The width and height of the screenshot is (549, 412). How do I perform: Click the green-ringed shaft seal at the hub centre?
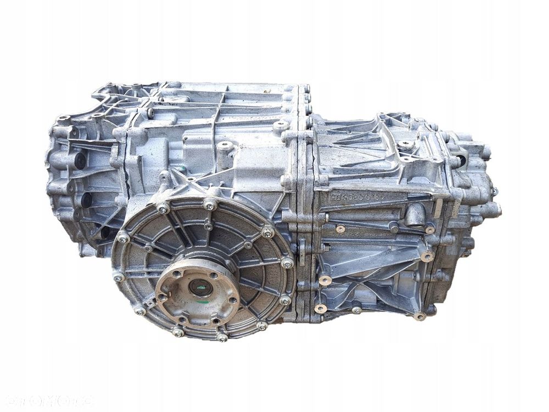(x=200, y=287)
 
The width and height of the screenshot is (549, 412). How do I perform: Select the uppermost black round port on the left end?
(x=80, y=160)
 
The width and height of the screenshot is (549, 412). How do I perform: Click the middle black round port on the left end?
(x=85, y=199)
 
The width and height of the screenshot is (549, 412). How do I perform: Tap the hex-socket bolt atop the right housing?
(x=406, y=144)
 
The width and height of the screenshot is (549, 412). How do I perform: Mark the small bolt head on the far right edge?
(x=495, y=191)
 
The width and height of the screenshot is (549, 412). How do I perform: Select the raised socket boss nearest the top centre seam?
(x=281, y=126)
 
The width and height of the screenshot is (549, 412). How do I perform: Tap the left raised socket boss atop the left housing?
(x=225, y=146)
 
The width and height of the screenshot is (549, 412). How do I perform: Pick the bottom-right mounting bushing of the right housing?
(x=420, y=316)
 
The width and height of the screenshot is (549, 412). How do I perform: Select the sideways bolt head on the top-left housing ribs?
(x=150, y=112)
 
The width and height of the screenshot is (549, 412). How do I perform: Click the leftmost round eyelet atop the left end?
(x=64, y=118)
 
